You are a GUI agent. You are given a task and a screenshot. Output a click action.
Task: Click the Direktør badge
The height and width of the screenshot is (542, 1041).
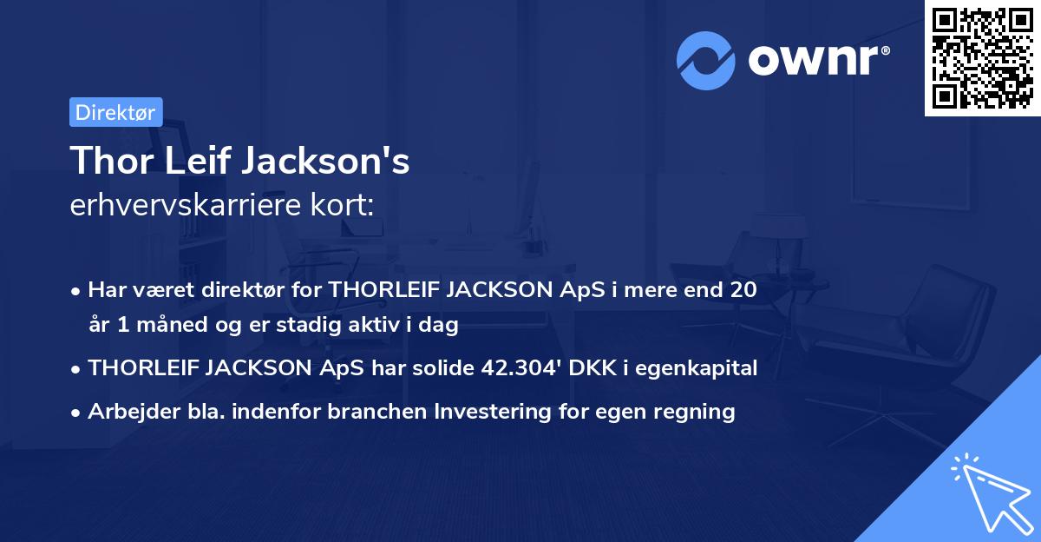pyautogui.click(x=115, y=111)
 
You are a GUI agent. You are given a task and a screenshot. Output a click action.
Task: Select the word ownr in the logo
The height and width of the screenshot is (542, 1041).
pyautogui.click(x=816, y=60)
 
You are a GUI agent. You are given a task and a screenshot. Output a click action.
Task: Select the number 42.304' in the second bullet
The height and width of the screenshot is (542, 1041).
pyautogui.click(x=518, y=368)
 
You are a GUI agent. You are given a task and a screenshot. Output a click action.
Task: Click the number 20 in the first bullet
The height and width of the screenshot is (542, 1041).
pyautogui.click(x=743, y=290)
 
